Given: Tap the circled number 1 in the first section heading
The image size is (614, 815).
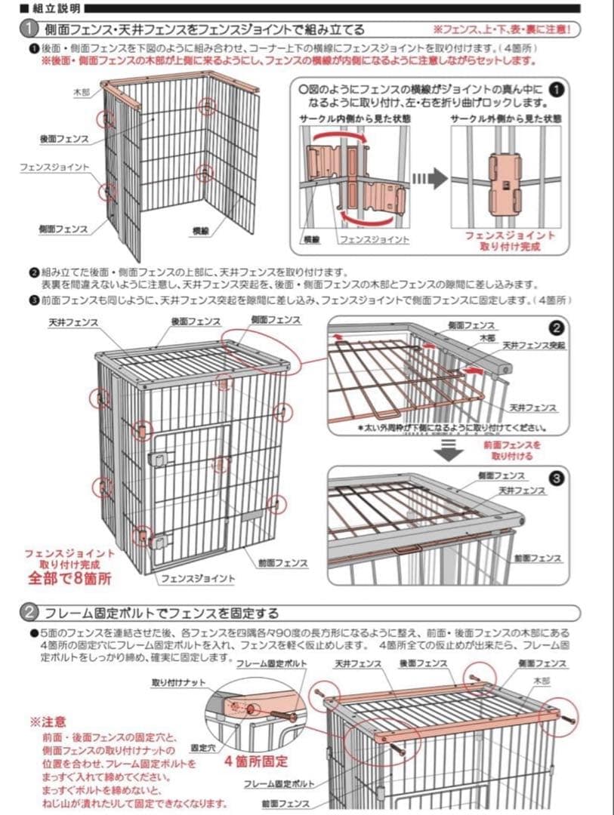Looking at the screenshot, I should tap(28, 29).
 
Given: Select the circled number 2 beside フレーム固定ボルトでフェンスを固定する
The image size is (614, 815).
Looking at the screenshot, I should tap(28, 611).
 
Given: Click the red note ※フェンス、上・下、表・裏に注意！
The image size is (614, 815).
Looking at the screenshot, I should tap(505, 29).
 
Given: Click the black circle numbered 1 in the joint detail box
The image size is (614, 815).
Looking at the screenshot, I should tap(557, 88).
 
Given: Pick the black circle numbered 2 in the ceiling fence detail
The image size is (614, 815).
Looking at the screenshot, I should tap(556, 328).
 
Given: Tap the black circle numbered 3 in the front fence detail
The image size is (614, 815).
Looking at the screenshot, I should tap(556, 478).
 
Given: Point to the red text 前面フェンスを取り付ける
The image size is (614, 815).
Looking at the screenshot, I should tap(512, 451).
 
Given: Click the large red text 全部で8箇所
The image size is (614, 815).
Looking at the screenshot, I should tap(70, 578).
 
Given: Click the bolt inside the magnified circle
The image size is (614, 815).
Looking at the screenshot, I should tap(274, 714).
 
